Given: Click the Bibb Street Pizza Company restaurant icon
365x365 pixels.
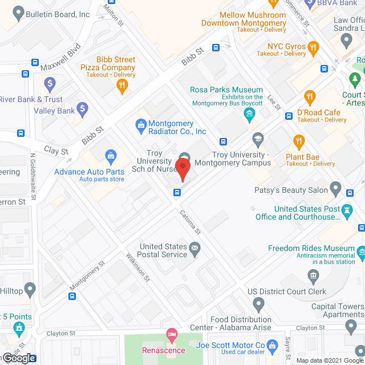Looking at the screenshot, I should (x=121, y=86).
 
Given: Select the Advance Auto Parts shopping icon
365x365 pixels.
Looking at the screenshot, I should (x=111, y=156).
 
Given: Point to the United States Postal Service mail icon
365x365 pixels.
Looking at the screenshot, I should (x=196, y=247).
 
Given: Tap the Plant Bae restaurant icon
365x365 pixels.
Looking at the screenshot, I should (x=298, y=140).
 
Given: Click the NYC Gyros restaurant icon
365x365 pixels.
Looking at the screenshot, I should (x=312, y=47).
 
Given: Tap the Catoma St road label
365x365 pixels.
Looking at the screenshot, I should (x=192, y=222).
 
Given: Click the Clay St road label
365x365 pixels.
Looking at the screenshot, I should (x=56, y=152).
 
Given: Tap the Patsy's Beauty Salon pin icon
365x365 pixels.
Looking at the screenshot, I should (x=335, y=188).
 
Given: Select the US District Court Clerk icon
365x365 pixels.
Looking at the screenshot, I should (x=313, y=278).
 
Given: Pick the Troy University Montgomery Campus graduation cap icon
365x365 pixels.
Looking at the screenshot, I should (x=258, y=140).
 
